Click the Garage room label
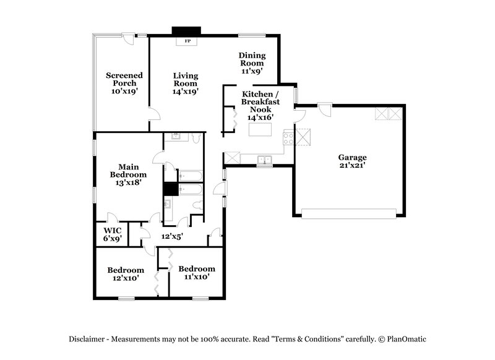(x=352, y=157)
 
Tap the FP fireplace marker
(x=188, y=41)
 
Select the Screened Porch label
(x=124, y=79)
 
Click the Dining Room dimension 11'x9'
(x=252, y=71)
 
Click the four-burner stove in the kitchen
(x=288, y=138)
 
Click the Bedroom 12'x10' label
(x=126, y=274)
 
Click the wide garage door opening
(x=348, y=213)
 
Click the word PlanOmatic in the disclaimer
(x=407, y=338)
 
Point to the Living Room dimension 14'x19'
(x=185, y=91)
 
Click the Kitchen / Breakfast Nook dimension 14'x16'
(x=260, y=116)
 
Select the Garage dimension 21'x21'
(x=352, y=166)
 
